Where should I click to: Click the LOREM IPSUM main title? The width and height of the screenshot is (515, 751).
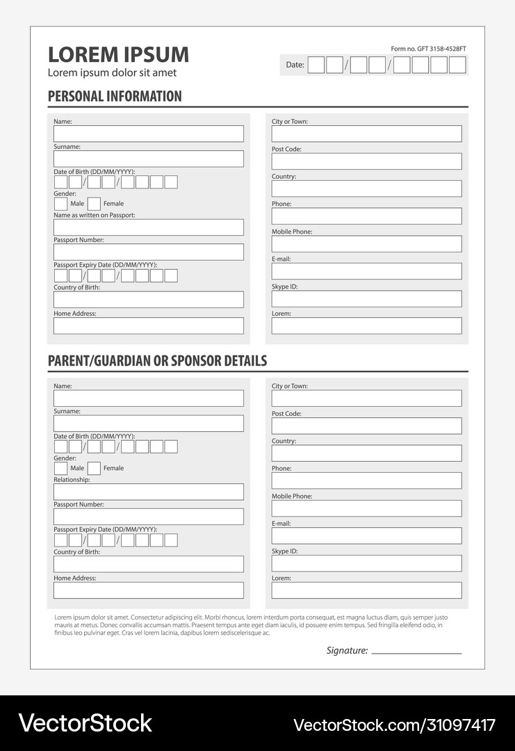pos(118,55)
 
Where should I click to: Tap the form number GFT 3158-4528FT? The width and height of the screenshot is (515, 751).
pos(428,49)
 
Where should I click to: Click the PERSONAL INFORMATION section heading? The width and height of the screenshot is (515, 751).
pos(115,97)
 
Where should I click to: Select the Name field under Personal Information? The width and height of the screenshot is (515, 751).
pos(149,134)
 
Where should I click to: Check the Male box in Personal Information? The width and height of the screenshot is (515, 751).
pos(61,204)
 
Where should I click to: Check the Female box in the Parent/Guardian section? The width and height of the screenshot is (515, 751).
pos(94,468)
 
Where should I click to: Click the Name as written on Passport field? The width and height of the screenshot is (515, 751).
pos(149,227)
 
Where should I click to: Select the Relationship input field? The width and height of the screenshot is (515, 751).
pos(149,492)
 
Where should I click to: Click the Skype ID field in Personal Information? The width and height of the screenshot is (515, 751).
pos(366,298)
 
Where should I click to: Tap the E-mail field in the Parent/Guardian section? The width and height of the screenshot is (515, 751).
pos(366,535)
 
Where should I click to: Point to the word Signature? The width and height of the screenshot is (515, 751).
pos(347,651)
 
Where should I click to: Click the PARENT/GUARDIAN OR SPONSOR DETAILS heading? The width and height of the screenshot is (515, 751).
pos(157,361)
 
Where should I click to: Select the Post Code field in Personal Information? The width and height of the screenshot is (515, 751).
pos(366,161)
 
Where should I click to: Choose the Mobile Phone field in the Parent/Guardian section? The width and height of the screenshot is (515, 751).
pos(366,508)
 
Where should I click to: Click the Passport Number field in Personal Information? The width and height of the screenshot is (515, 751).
pos(149,252)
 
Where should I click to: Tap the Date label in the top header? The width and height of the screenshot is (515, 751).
pos(295,65)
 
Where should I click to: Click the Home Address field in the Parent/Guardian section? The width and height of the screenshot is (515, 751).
pos(149,590)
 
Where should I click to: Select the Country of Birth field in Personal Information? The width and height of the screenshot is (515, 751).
pos(149,300)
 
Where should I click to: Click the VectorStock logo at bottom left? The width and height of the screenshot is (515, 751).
pos(85,723)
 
